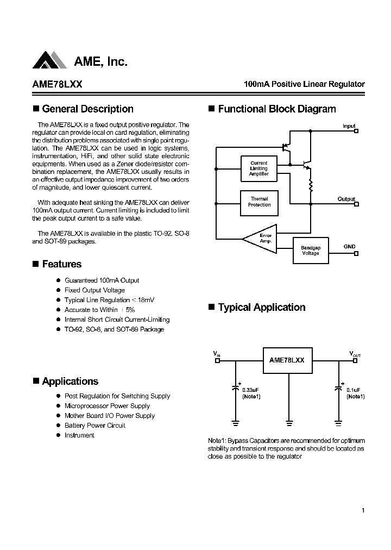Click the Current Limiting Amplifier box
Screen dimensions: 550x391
click(x=259, y=168)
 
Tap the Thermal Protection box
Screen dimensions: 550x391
click(x=259, y=202)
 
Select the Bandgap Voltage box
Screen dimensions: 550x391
click(x=311, y=250)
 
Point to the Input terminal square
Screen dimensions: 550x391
click(x=356, y=131)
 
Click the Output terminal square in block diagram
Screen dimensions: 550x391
click(x=356, y=204)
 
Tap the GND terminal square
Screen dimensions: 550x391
click(x=356, y=253)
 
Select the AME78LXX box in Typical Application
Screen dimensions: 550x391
click(x=287, y=360)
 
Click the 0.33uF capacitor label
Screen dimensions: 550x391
click(x=250, y=390)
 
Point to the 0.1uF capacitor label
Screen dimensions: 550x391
click(x=354, y=390)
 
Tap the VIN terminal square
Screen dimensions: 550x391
click(x=218, y=360)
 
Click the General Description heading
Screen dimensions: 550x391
click(x=87, y=109)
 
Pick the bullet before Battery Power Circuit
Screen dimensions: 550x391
click(x=59, y=426)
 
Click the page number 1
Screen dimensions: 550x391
click(x=362, y=510)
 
